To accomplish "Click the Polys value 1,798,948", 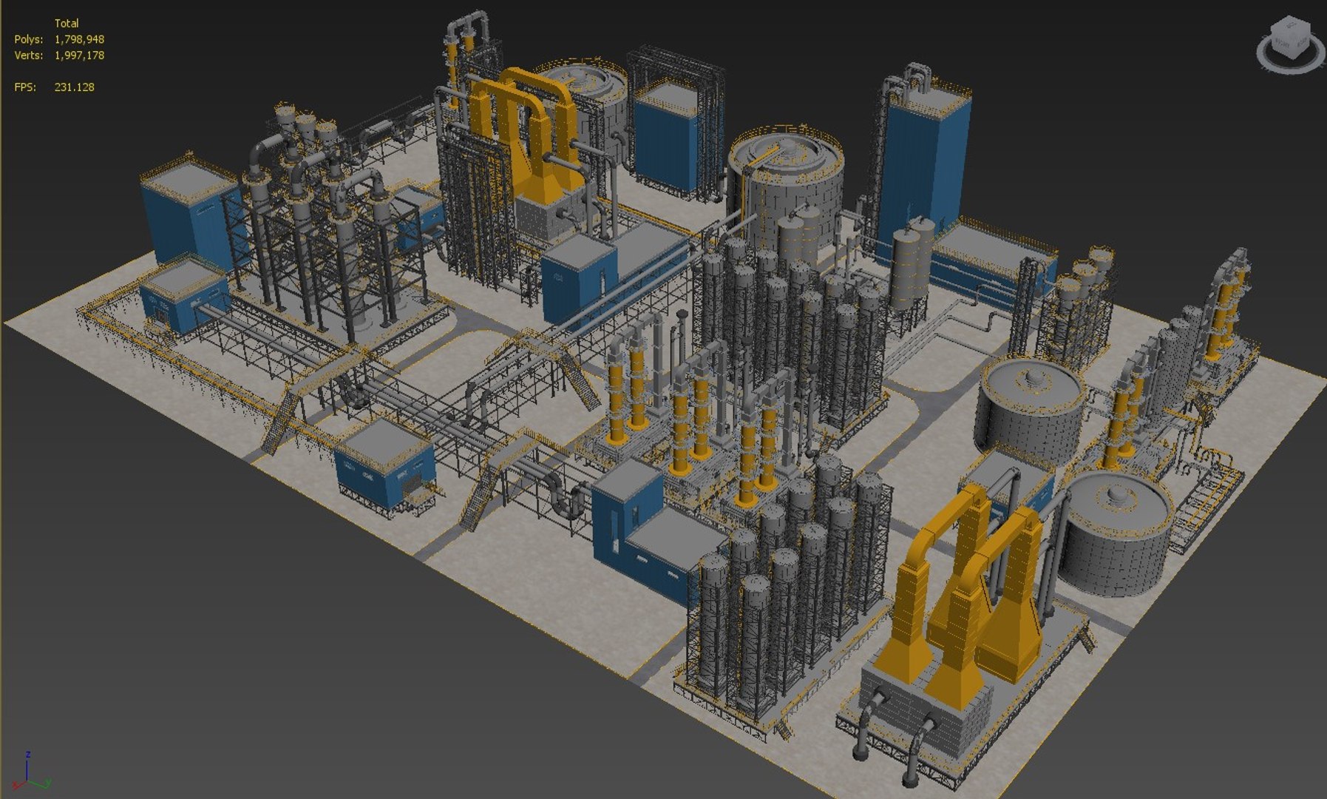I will (x=79, y=39).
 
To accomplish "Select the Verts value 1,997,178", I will (x=79, y=55).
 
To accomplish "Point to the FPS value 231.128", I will (x=74, y=87).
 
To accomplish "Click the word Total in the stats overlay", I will (x=67, y=23).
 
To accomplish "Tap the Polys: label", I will (x=28, y=39).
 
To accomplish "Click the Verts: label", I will (x=28, y=55).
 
